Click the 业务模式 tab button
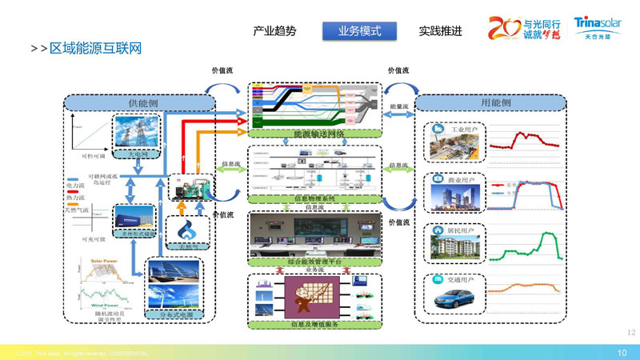[359, 31]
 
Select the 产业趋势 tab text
[274, 31]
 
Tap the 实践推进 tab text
[440, 31]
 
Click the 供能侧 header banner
[140, 103]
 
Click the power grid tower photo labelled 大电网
[138, 133]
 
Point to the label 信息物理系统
[316, 198]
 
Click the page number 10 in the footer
[622, 353]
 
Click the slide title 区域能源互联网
[95, 49]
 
